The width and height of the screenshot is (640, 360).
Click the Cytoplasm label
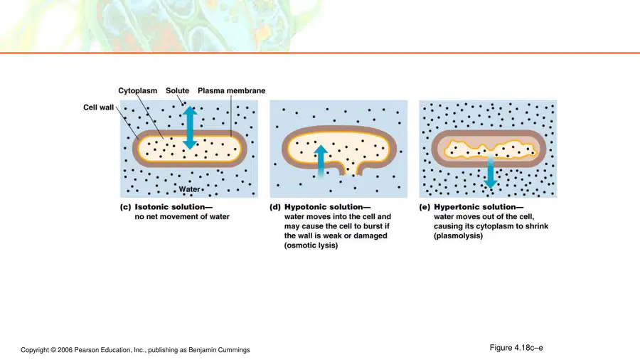pos(137,90)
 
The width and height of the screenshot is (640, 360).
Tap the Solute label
pos(177,90)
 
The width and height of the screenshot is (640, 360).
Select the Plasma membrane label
pos(231,90)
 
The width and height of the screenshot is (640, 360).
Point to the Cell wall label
pos(98,107)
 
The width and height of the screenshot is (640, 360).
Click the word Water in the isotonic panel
pos(189,189)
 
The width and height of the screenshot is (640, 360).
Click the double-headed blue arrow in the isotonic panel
pos(190,128)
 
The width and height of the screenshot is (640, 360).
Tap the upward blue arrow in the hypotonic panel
pos(321,162)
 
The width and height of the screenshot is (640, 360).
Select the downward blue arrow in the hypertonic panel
pos(490,171)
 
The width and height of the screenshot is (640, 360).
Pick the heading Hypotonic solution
pos(327,207)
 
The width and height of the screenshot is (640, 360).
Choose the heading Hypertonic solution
pos(479,207)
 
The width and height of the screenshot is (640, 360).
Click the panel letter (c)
pos(125,207)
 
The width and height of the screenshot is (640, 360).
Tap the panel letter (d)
pos(275,207)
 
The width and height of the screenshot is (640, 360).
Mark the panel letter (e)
pos(425,207)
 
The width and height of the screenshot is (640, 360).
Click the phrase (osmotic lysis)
pos(311,245)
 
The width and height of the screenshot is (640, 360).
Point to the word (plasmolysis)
pos(458,235)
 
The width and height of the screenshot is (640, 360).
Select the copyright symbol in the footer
pos(53,350)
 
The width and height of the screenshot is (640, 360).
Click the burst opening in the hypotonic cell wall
pos(349,169)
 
